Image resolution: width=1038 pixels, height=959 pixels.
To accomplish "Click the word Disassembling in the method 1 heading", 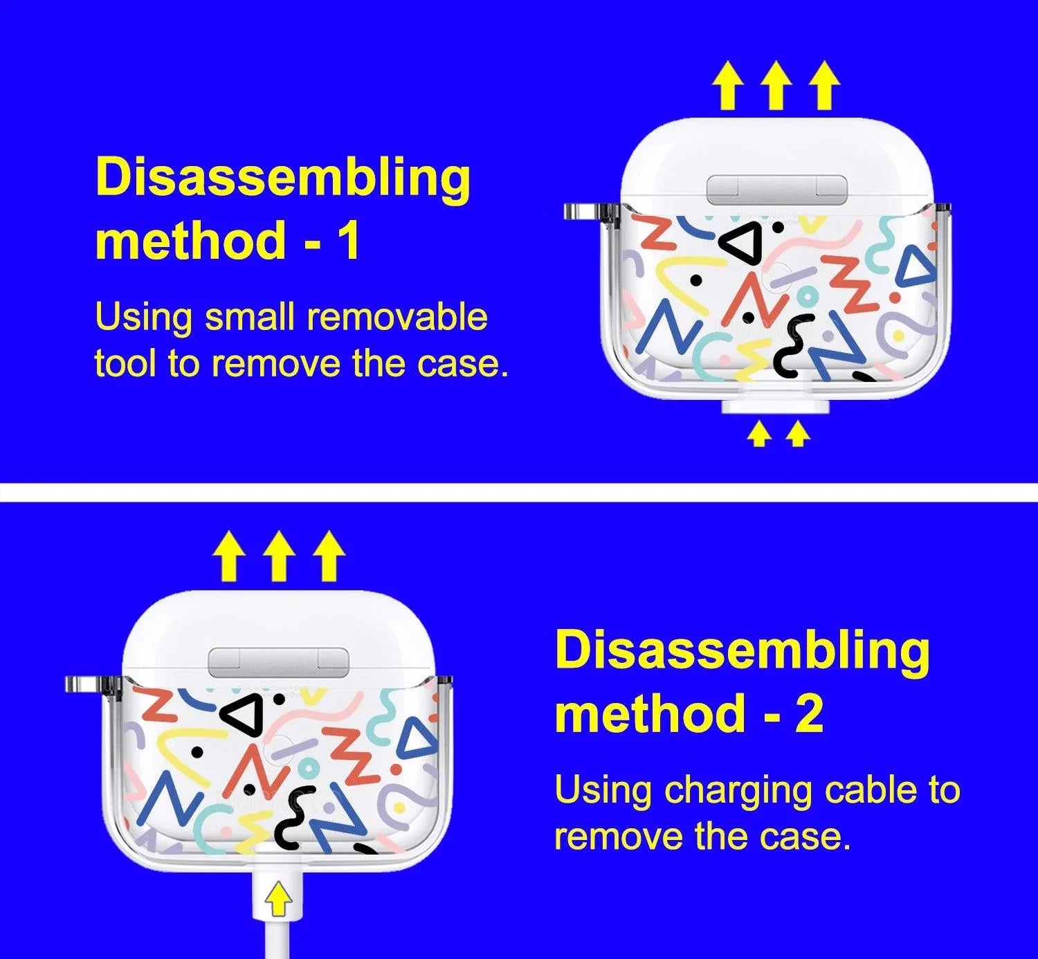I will click(x=283, y=178).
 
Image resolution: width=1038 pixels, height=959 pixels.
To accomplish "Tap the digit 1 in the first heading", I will click(x=349, y=240).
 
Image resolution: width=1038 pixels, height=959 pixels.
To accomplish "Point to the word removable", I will click(x=397, y=317).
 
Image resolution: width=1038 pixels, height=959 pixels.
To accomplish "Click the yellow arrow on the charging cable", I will click(x=279, y=900).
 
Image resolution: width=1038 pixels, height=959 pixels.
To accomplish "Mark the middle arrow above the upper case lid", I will click(x=776, y=85).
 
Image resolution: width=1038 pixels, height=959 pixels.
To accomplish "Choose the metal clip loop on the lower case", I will click(x=83, y=684).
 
